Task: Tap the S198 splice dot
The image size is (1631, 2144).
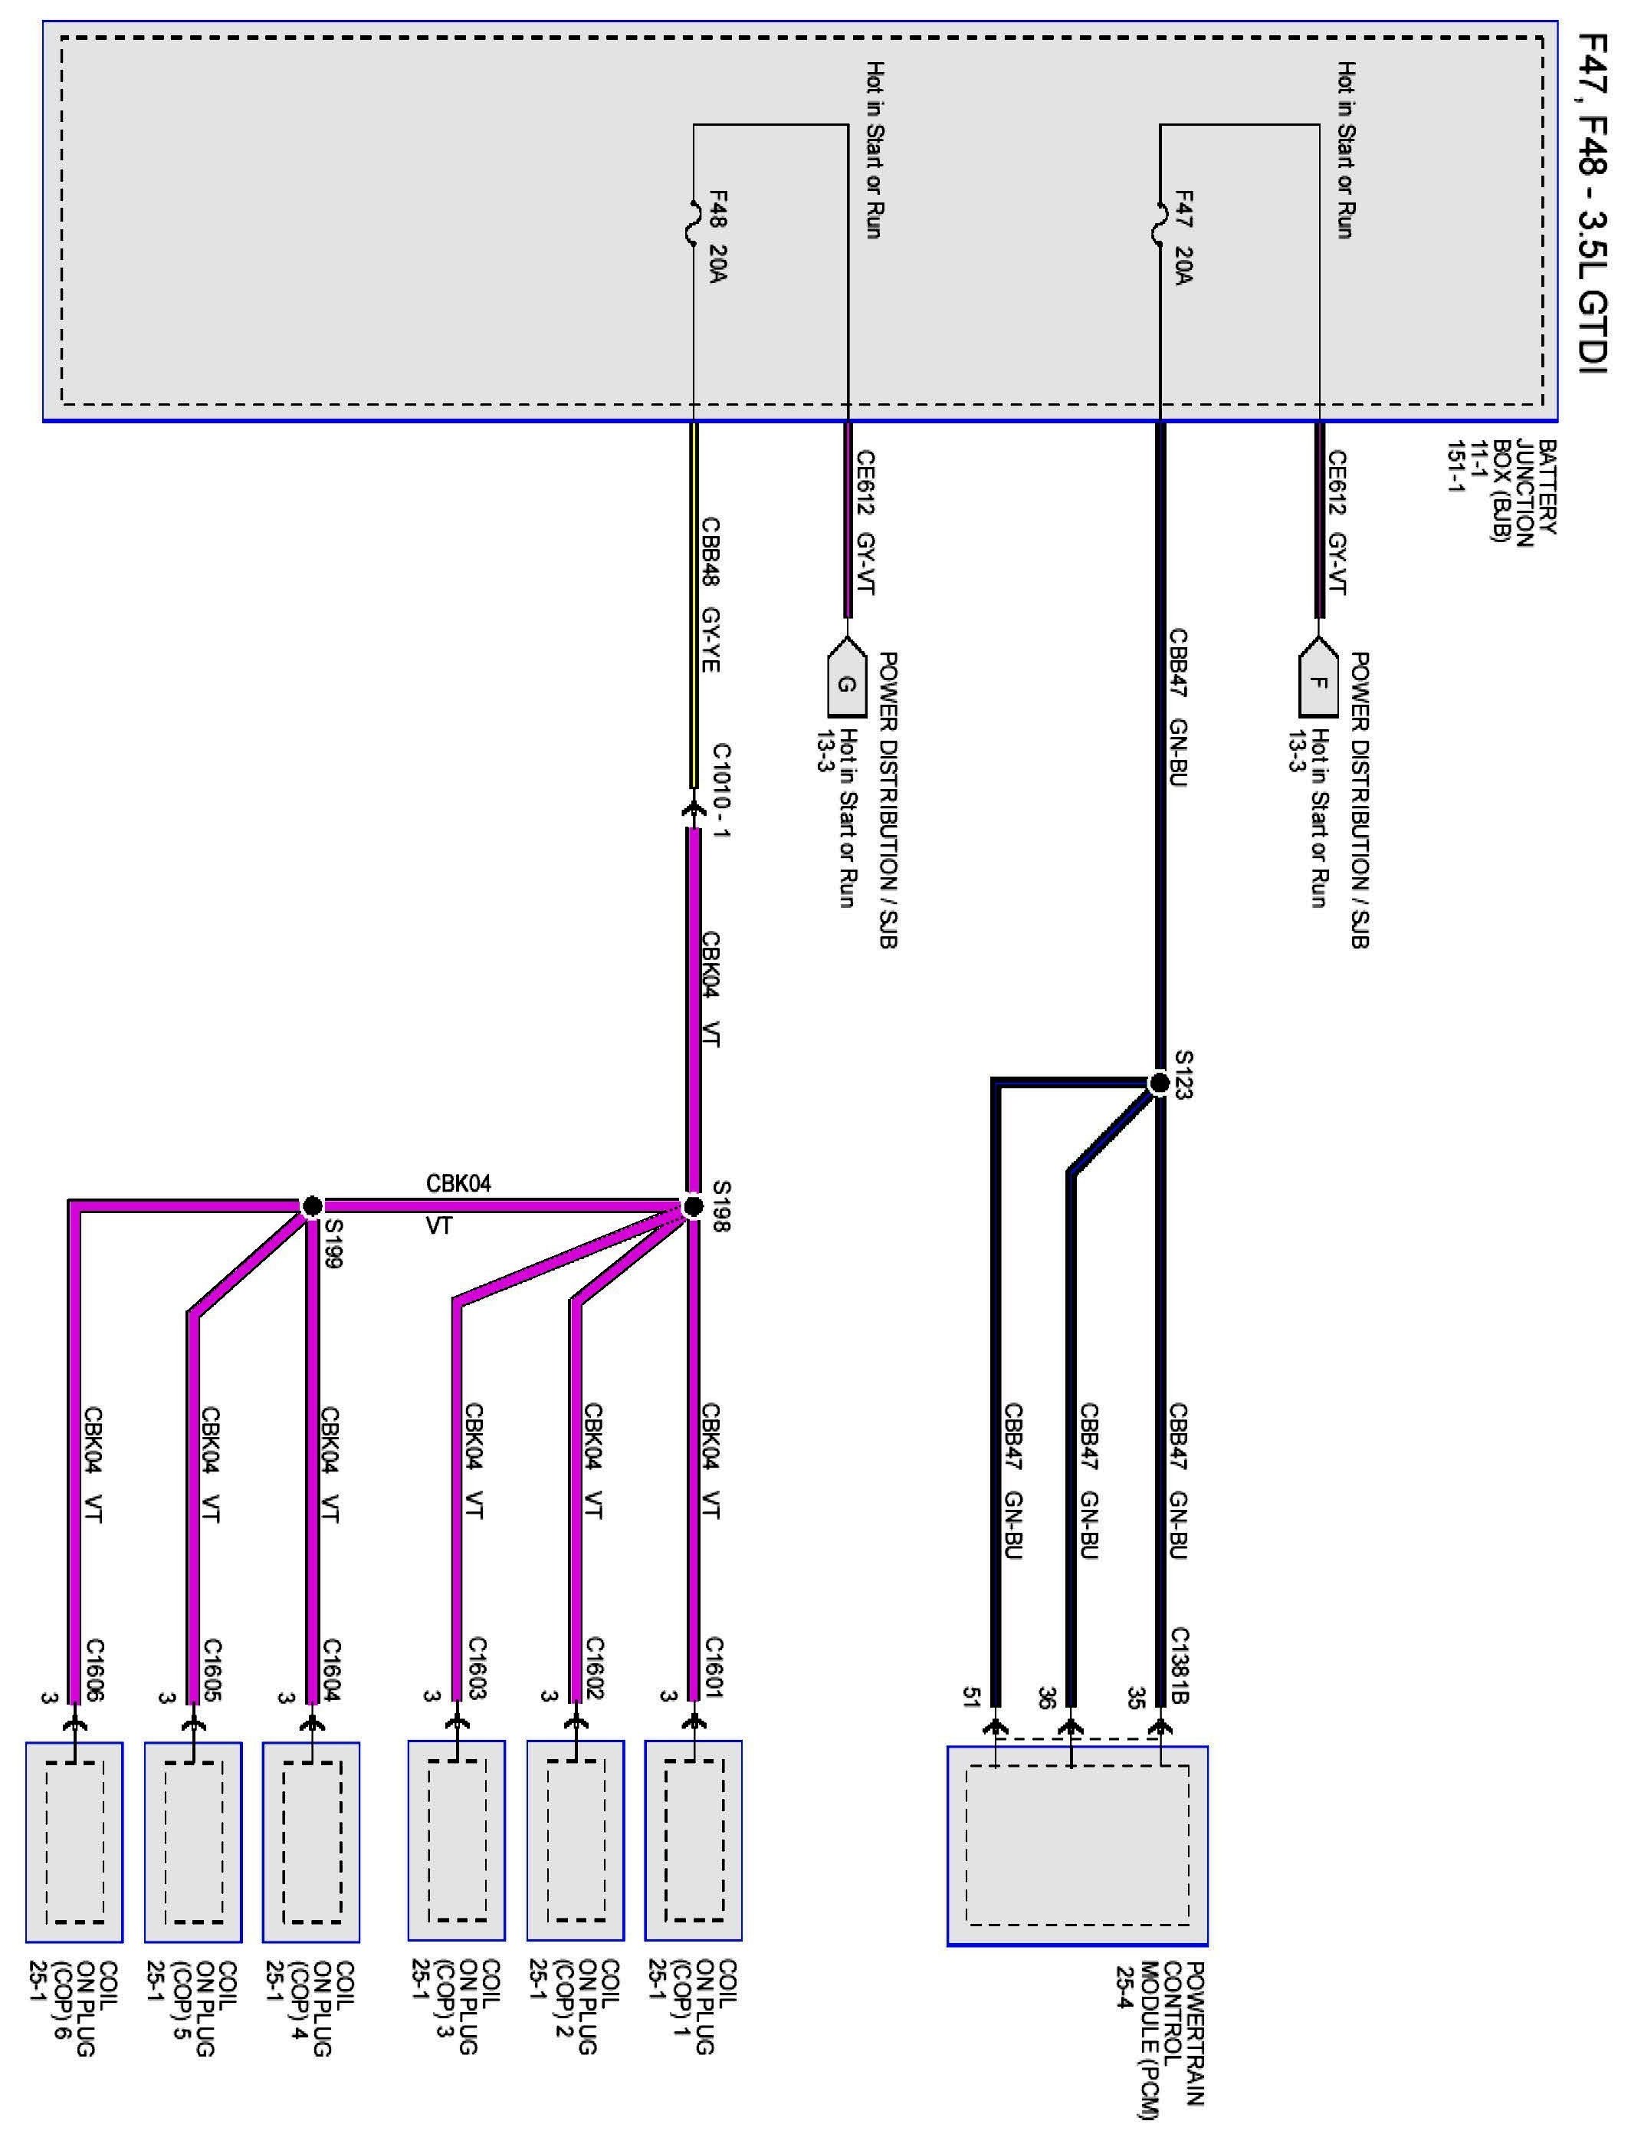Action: click(x=693, y=1206)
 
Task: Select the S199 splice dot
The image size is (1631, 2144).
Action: click(x=312, y=1206)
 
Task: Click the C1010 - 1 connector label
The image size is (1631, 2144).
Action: click(x=721, y=791)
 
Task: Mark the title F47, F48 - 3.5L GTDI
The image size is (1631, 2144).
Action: click(x=1592, y=204)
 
